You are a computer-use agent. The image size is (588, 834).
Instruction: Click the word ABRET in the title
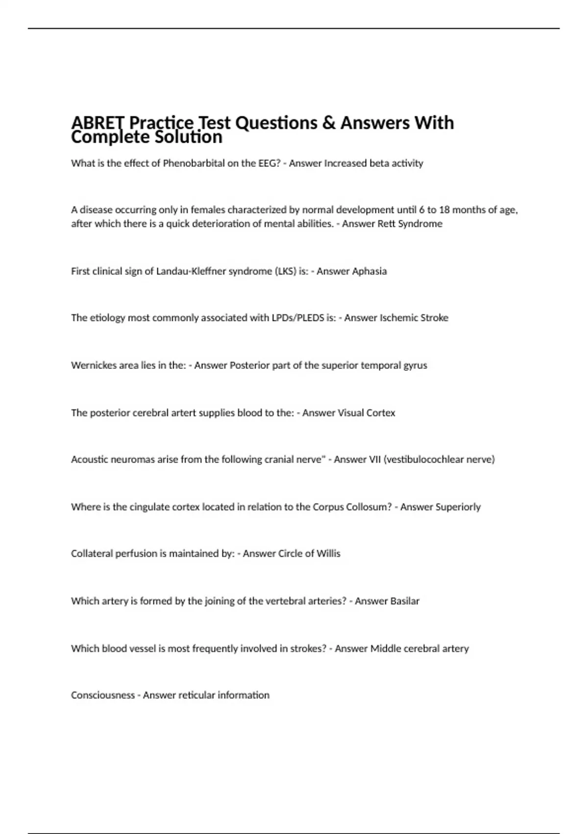pyautogui.click(x=98, y=123)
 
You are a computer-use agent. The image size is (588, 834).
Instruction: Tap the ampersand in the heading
pyautogui.click(x=328, y=123)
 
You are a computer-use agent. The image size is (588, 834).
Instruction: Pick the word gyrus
pyautogui.click(x=415, y=365)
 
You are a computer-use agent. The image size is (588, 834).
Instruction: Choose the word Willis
pyautogui.click(x=328, y=554)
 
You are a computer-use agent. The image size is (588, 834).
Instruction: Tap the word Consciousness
pyautogui.click(x=102, y=696)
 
